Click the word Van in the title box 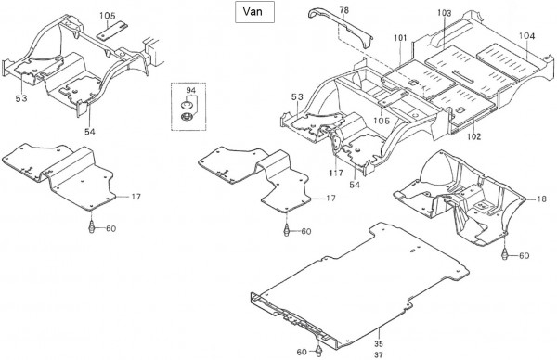point(253,11)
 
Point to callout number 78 point(343,10)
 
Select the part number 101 point(400,38)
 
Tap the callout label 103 point(444,13)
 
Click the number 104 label point(526,36)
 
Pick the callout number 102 point(473,136)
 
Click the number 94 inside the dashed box point(190,90)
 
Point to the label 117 point(336,173)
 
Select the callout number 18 point(541,199)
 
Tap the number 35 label point(379,343)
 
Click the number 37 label point(379,354)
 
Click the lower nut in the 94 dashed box point(187,116)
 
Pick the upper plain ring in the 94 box point(187,105)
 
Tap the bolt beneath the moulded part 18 point(504,253)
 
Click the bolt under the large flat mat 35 point(318,351)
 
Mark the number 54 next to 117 point(355,185)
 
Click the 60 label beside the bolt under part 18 point(524,256)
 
